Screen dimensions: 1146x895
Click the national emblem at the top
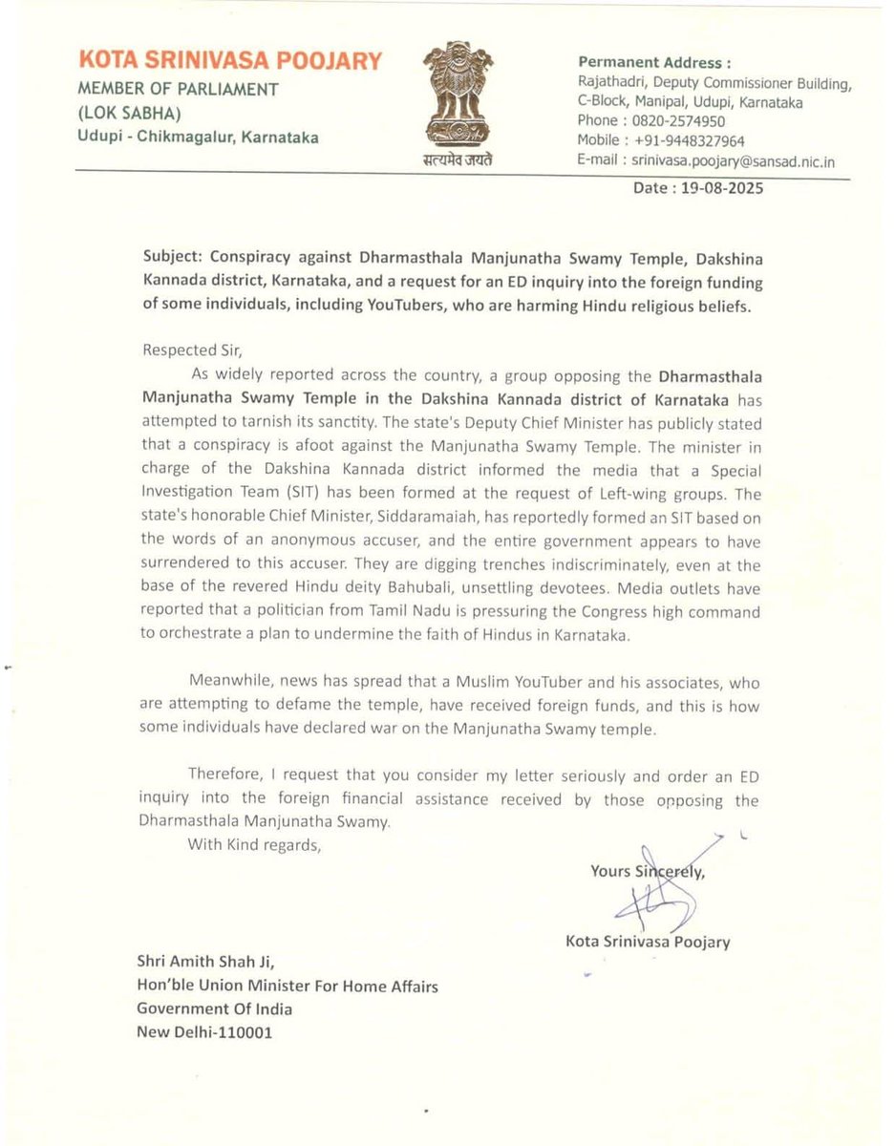[459, 96]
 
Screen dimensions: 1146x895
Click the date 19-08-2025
[723, 188]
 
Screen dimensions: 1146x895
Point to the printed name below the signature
[648, 942]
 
